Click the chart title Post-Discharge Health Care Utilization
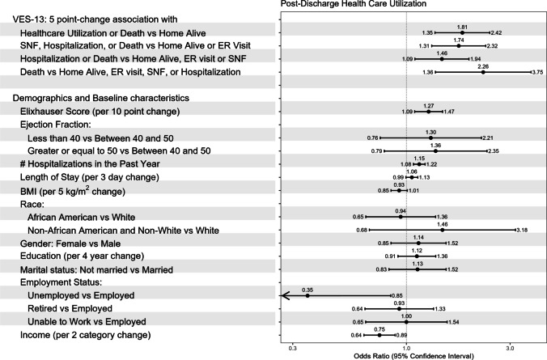(x=353, y=4)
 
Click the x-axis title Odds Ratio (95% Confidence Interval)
(x=413, y=356)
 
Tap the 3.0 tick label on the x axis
(x=510, y=348)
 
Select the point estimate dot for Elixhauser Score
(x=428, y=112)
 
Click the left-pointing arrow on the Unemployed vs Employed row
(x=336, y=296)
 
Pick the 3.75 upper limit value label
(x=537, y=72)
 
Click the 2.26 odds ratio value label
(x=483, y=66)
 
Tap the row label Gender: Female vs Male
(x=70, y=244)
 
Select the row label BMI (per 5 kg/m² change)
(x=73, y=191)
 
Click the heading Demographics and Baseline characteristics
(x=101, y=98)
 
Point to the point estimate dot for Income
(x=380, y=335)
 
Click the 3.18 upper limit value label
(x=522, y=231)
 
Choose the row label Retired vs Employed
(x=70, y=308)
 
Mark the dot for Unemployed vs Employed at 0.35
(x=307, y=296)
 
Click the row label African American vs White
(x=81, y=218)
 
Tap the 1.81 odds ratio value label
(x=462, y=28)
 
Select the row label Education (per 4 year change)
(x=82, y=256)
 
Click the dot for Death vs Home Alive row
(x=483, y=72)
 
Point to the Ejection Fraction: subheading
(x=56, y=125)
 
